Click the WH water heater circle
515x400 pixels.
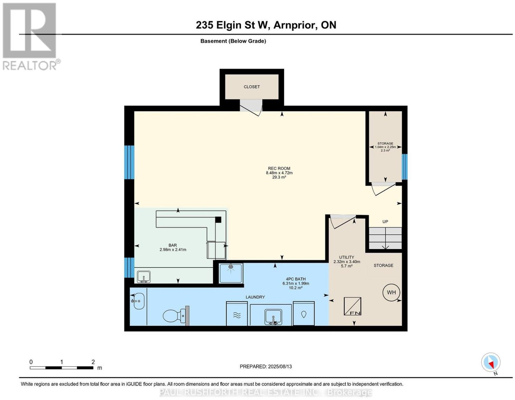391,292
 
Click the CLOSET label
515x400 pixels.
252,87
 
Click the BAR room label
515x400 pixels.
173,245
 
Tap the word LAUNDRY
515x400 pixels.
255,297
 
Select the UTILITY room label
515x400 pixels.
346,257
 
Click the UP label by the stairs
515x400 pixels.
385,222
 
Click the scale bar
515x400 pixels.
61,368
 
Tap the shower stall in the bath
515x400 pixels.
231,273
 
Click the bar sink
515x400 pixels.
144,277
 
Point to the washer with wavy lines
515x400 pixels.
237,313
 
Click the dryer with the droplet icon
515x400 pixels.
304,313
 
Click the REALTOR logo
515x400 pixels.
31,37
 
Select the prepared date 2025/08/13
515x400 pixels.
280,367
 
